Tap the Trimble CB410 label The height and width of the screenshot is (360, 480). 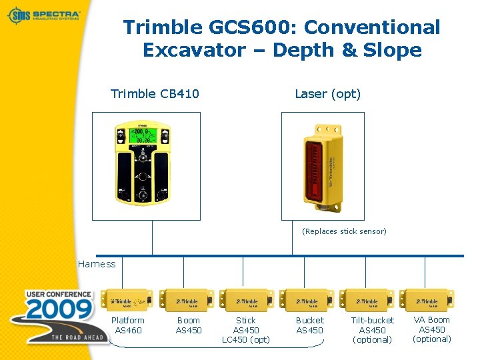155,93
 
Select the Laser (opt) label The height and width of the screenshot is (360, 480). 327,93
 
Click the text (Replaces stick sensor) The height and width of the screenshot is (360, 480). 344,231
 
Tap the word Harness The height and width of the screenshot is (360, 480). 97,264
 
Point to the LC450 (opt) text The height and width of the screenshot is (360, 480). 246,340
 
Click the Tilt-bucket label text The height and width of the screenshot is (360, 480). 372,321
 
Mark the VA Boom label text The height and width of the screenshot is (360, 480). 432,320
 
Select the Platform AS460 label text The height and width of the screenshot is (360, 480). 128,325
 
